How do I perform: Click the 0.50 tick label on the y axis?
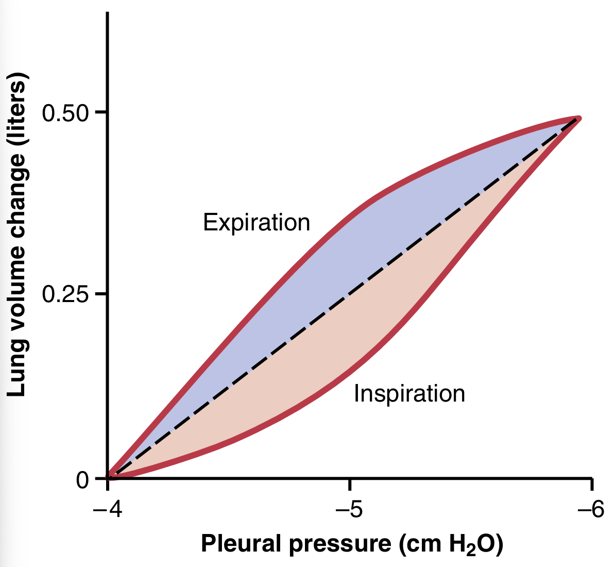click(66, 112)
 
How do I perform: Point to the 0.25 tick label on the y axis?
click(66, 294)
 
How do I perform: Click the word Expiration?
click(257, 223)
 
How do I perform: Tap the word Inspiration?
click(409, 394)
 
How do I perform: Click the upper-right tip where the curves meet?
click(578, 119)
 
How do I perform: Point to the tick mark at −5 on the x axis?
click(350, 485)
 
